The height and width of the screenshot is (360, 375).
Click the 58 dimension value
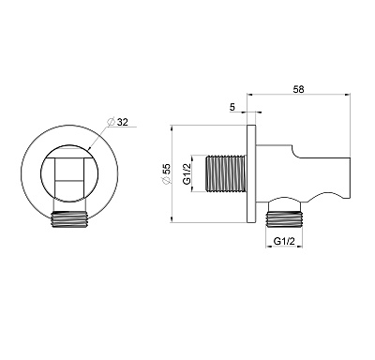click(298, 89)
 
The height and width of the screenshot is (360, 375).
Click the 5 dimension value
click(232, 108)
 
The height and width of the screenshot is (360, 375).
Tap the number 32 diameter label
click(123, 122)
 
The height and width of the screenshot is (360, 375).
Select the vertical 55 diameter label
click(167, 169)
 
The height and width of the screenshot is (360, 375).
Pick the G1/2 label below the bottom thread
click(284, 241)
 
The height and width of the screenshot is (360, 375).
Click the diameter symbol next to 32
click(111, 122)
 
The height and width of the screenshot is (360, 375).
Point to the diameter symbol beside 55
click(167, 180)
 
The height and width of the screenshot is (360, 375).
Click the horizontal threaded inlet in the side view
click(226, 172)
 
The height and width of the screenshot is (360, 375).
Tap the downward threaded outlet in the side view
click(284, 217)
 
